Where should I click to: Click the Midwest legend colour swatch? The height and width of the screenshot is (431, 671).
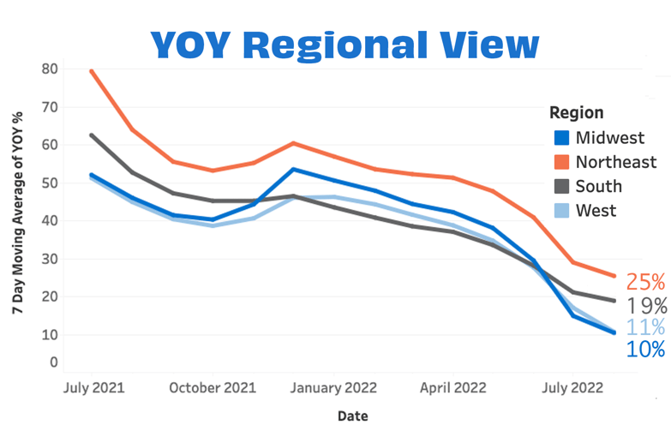pyautogui.click(x=561, y=138)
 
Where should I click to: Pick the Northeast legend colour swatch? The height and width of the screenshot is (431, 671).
pyautogui.click(x=561, y=162)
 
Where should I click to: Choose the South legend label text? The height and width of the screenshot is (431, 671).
pyautogui.click(x=599, y=186)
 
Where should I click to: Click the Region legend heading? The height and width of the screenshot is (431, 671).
pyautogui.click(x=576, y=113)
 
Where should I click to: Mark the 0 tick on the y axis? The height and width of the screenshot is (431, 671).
pyautogui.click(x=53, y=362)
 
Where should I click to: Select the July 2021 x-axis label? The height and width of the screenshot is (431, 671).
pyautogui.click(x=94, y=387)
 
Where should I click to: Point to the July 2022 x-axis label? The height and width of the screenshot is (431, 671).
pyautogui.click(x=573, y=387)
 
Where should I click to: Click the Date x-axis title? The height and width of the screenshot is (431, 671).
pyautogui.click(x=353, y=416)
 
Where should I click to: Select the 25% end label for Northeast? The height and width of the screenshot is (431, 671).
pyautogui.click(x=645, y=282)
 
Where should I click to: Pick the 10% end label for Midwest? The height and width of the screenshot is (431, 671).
pyautogui.click(x=645, y=349)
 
